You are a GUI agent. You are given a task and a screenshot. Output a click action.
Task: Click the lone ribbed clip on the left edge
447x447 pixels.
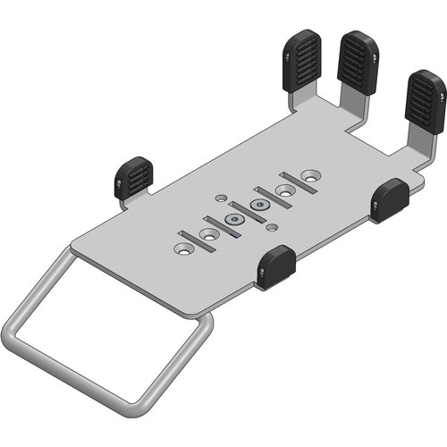pos(133,177)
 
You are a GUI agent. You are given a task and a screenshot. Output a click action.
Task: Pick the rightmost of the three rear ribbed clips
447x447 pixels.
pos(425,102)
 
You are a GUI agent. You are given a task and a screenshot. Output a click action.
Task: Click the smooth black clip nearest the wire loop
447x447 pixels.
pos(276,266)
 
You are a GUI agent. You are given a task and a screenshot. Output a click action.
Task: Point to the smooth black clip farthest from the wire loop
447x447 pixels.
pos(389,198)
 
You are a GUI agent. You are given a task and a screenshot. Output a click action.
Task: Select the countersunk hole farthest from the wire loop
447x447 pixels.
pos(309,175)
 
